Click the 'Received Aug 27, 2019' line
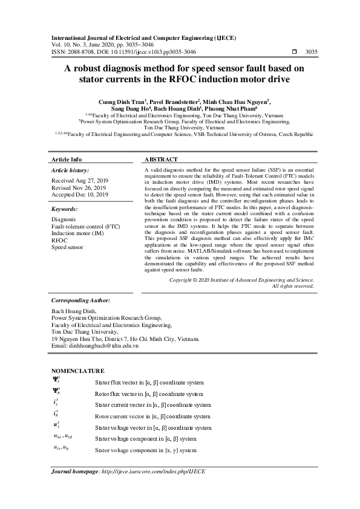point(79,180)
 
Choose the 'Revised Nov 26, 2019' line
point(79,187)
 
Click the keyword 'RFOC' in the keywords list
point(59,240)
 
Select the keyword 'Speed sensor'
point(67,247)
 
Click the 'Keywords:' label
point(65,209)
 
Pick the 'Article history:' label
point(70,171)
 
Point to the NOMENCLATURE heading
point(77,371)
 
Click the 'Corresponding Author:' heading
point(80,300)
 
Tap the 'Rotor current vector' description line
point(153,417)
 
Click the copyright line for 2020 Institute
point(241,280)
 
